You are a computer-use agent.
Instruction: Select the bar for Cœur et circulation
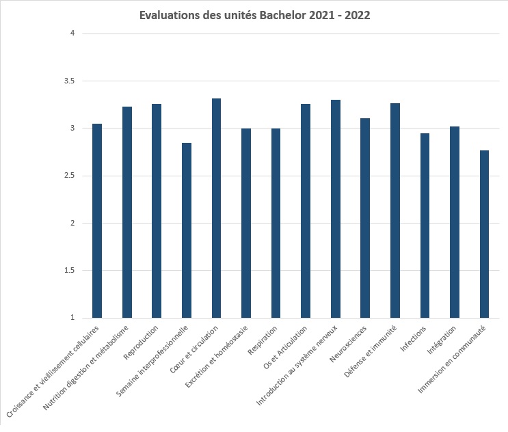(x=216, y=208)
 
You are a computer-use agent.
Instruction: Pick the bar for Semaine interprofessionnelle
(x=186, y=230)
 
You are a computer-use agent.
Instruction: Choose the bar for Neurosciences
(x=365, y=218)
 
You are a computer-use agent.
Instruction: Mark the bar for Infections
(x=425, y=226)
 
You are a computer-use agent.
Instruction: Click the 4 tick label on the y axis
(x=71, y=33)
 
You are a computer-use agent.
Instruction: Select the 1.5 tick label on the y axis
(x=67, y=271)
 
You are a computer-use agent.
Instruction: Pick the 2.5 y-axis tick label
(x=67, y=176)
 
